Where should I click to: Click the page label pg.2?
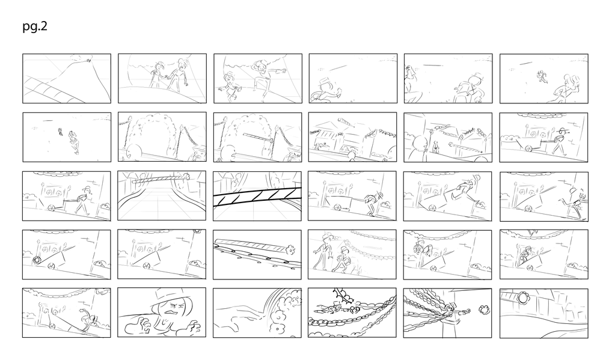click(x=35, y=26)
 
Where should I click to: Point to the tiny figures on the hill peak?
click(x=88, y=61)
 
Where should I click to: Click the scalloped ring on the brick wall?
click(x=522, y=298)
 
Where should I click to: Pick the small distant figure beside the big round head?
click(x=436, y=147)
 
